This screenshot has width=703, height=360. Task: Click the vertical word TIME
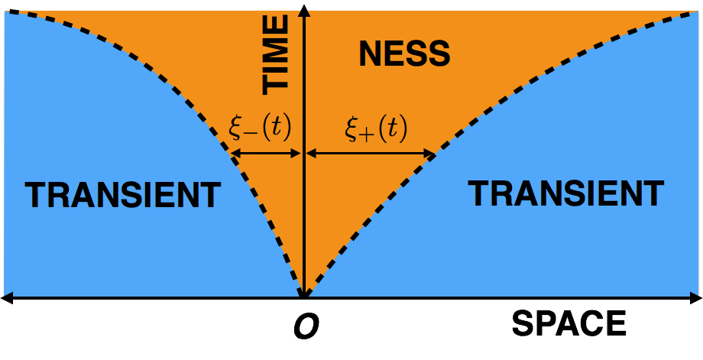tap(275, 55)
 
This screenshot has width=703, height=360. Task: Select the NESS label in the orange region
tap(404, 54)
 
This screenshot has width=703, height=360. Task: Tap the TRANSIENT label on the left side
tap(122, 196)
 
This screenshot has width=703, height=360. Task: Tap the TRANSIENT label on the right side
tap(565, 193)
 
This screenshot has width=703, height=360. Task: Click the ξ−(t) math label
tap(260, 128)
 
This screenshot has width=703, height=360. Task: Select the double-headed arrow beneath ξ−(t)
tap(266, 154)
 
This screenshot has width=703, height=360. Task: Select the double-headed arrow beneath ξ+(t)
tap(371, 154)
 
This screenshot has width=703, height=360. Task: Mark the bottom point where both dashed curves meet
tap(304, 295)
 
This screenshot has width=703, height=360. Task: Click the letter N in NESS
tap(369, 54)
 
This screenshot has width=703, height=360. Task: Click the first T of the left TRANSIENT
tap(35, 196)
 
